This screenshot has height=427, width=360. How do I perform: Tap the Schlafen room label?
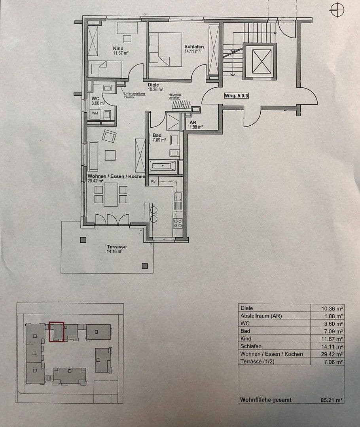(x=194, y=46)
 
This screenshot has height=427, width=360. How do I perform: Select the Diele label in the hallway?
(x=153, y=85)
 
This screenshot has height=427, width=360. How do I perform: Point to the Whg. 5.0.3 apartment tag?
(x=236, y=96)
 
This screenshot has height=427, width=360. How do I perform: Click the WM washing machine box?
(x=95, y=113)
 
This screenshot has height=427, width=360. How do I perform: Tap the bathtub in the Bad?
(x=163, y=166)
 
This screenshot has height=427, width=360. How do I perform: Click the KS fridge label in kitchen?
(x=153, y=182)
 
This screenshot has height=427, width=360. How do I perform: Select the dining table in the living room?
(x=111, y=195)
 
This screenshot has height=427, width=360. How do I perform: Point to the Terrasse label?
(x=116, y=247)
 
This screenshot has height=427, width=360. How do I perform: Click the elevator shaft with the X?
(x=260, y=61)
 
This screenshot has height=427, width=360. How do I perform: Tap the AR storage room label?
(x=193, y=123)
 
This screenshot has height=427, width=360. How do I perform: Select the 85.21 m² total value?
(x=332, y=400)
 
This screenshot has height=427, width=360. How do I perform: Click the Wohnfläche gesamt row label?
(x=265, y=400)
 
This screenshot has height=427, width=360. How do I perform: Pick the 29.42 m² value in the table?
(x=332, y=354)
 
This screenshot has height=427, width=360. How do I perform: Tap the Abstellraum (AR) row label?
(x=261, y=316)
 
